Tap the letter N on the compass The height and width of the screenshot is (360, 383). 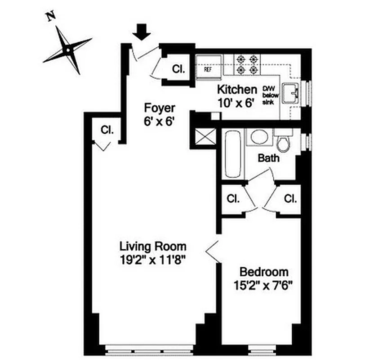(x=51, y=17)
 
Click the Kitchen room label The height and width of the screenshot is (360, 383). (x=237, y=89)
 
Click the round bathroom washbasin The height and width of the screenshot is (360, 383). (x=259, y=137)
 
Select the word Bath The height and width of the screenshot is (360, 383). (x=269, y=158)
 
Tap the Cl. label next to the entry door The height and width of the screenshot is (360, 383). (x=178, y=69)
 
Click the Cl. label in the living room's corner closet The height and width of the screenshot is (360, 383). (x=107, y=130)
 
